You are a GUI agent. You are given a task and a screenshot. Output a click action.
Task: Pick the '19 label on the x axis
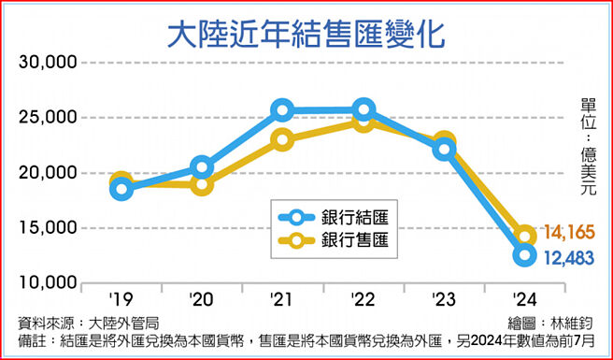(x=120, y=299)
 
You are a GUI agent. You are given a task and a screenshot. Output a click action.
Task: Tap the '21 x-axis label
(x=281, y=299)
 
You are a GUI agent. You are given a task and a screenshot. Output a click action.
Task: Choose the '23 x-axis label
(x=443, y=299)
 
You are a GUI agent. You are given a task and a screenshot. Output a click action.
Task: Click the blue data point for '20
(x=202, y=167)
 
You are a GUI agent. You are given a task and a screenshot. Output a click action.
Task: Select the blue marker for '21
(x=283, y=111)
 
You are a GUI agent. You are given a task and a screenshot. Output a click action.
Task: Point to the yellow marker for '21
(x=283, y=140)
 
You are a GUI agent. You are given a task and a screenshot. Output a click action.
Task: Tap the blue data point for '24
(x=525, y=255)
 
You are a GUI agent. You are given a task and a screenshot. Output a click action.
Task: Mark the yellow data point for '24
(x=525, y=235)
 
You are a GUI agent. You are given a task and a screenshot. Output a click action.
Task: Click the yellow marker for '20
(x=202, y=184)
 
